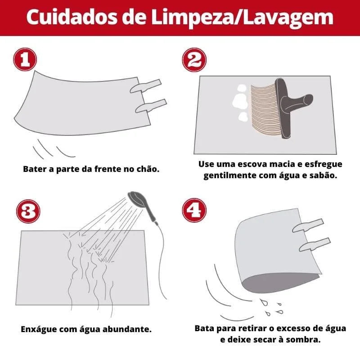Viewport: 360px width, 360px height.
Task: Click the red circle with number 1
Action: coord(25,60)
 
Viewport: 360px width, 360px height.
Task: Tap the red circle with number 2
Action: coord(194,60)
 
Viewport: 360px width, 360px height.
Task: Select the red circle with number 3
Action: coord(28,212)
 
